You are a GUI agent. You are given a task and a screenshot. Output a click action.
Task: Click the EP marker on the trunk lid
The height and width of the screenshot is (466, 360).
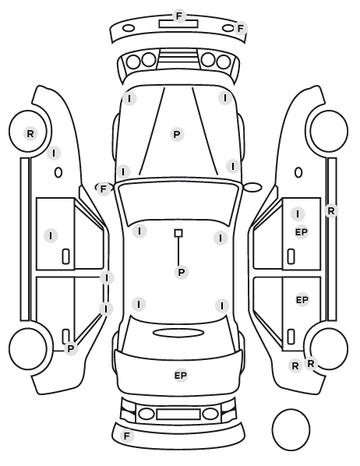pyautogui.click(x=181, y=376)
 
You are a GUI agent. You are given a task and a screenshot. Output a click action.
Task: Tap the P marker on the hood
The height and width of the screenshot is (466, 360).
pyautogui.click(x=177, y=134)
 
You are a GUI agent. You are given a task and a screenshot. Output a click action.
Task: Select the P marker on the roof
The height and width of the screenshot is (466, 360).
pyautogui.click(x=182, y=272)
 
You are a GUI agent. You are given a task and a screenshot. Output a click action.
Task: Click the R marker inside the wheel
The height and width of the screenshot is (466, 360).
pyautogui.click(x=30, y=134)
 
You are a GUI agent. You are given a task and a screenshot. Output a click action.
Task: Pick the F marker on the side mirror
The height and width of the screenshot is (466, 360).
pyautogui.click(x=103, y=189)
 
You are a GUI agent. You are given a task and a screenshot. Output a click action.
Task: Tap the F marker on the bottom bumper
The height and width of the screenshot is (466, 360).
pyautogui.click(x=127, y=436)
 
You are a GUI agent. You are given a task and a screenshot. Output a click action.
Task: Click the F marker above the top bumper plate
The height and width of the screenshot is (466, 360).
pyautogui.click(x=179, y=16)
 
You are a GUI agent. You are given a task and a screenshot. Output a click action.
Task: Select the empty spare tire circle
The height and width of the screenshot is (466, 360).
pyautogui.click(x=291, y=429)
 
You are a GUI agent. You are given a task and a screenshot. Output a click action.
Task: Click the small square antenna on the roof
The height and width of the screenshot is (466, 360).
pyautogui.click(x=178, y=233)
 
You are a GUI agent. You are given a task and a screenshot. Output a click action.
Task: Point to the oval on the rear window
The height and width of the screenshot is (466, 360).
pyautogui.click(x=178, y=333)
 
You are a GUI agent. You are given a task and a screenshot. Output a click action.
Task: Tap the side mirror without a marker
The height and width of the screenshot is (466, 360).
pyautogui.click(x=252, y=187)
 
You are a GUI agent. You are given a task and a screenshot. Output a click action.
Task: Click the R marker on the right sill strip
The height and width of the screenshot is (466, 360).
pyautogui.click(x=331, y=210)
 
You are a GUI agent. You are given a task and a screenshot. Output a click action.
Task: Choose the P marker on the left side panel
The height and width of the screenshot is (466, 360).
pyautogui.click(x=70, y=348)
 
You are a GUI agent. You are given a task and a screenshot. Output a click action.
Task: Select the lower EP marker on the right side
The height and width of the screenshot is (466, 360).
pyautogui.click(x=302, y=300)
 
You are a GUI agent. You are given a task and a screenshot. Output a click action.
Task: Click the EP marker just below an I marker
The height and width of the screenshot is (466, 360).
pyautogui.click(x=301, y=232)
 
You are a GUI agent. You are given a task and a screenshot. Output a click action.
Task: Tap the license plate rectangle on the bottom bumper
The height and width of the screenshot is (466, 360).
pyautogui.click(x=178, y=415)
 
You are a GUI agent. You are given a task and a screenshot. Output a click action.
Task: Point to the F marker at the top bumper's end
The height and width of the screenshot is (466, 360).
pyautogui.click(x=241, y=29)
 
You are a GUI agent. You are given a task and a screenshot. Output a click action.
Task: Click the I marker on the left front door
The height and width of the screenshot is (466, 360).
pyautogui.click(x=51, y=235)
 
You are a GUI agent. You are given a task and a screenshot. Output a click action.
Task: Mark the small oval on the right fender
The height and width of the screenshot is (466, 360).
pyautogui.click(x=298, y=172)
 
